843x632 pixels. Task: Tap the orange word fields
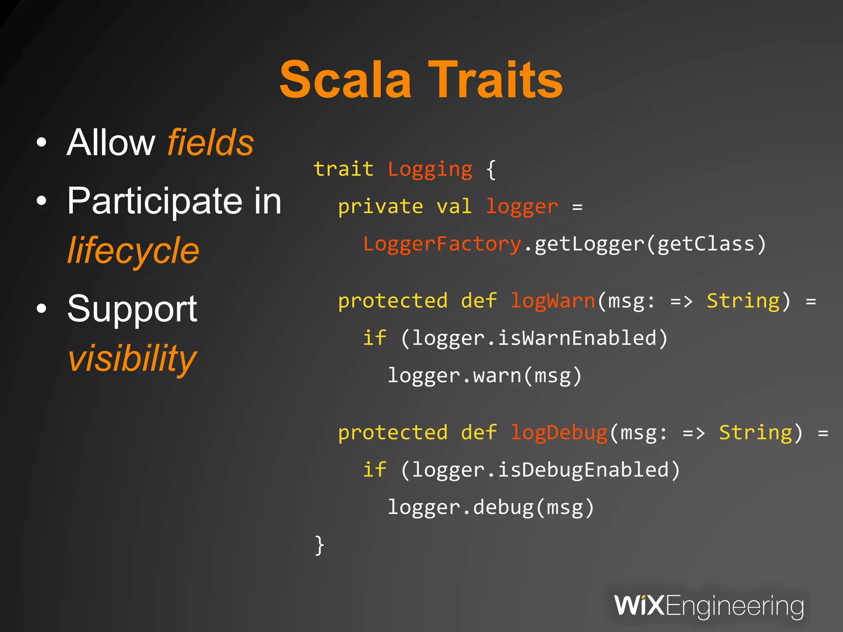(x=210, y=142)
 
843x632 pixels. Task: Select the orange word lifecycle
(x=133, y=251)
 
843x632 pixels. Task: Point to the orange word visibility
(x=132, y=358)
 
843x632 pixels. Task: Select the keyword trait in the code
(x=343, y=169)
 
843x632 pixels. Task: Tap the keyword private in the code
(x=380, y=207)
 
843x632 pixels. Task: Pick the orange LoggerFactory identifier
(x=442, y=244)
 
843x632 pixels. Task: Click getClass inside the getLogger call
(x=706, y=244)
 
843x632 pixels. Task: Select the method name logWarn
(x=553, y=301)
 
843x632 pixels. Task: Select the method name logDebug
(x=559, y=433)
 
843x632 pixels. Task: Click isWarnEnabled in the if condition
(x=577, y=338)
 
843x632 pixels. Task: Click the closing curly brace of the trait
(x=319, y=545)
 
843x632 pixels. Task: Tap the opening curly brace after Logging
(x=491, y=170)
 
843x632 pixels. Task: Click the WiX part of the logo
(x=638, y=606)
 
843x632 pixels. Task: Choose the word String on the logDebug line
(x=755, y=433)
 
